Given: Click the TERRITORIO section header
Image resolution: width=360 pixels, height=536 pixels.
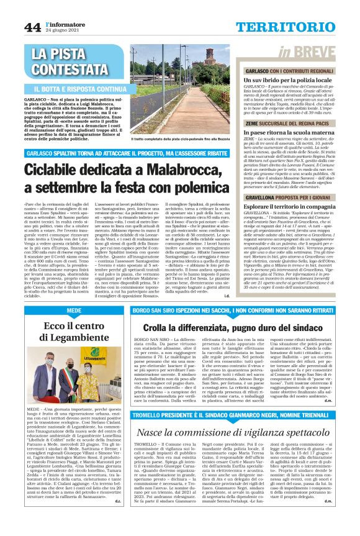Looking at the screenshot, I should tap(294, 27).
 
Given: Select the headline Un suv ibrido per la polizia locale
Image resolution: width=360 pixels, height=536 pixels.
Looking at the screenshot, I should tap(290, 81).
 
